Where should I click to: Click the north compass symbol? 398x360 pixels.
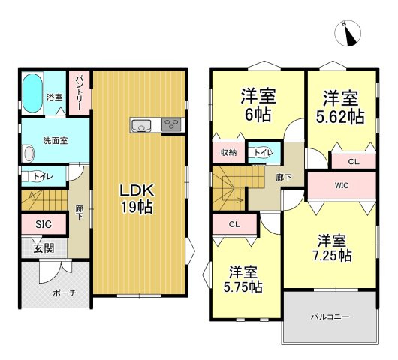point(351,32)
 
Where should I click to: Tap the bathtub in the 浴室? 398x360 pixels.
point(33,93)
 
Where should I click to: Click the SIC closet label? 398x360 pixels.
point(43,224)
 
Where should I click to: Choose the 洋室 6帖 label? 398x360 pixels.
point(256,106)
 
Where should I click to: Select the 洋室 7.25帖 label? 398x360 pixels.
point(331,247)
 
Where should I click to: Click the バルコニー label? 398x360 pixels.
point(330,317)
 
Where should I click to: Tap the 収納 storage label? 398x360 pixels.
point(228,152)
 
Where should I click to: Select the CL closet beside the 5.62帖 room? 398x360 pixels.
point(351,160)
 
